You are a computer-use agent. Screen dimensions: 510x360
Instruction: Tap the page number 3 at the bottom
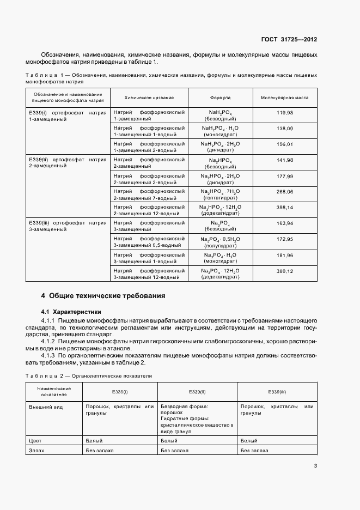[x=315, y=465]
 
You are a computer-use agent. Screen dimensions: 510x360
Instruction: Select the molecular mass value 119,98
[x=284, y=112]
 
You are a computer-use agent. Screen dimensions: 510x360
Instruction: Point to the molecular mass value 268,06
[x=284, y=192]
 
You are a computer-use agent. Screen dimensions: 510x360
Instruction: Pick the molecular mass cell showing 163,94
[x=284, y=223]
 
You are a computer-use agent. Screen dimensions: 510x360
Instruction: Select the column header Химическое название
[x=149, y=98]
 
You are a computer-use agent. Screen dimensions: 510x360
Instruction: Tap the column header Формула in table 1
[x=220, y=98]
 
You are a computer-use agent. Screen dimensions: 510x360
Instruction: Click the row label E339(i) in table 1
[x=39, y=112]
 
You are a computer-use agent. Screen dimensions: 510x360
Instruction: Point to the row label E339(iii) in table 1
[x=40, y=223]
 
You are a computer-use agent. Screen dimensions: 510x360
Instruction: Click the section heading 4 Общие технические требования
[x=103, y=296]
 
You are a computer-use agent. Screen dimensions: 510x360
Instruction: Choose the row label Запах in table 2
[x=36, y=451]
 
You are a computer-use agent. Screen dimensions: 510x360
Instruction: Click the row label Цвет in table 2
[x=35, y=440]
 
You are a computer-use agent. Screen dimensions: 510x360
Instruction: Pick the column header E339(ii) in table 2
[x=197, y=392]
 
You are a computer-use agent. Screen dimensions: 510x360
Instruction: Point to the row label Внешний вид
[x=44, y=406]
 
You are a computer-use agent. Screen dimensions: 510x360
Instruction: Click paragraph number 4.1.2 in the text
[x=51, y=341]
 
